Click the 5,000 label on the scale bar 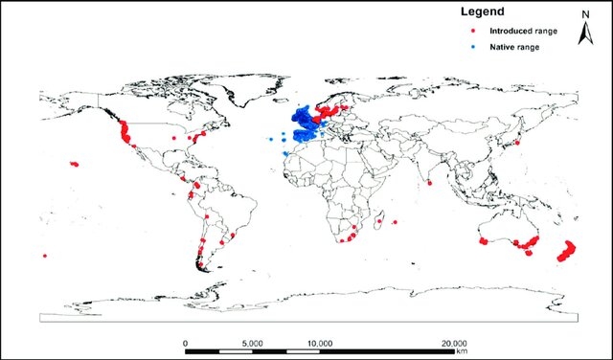(252, 342)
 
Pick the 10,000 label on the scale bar (319, 342)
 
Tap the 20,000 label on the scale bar (453, 342)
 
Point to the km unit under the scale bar (463, 351)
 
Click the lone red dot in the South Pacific (45, 256)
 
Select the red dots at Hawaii (74, 164)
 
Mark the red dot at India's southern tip (430, 182)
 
